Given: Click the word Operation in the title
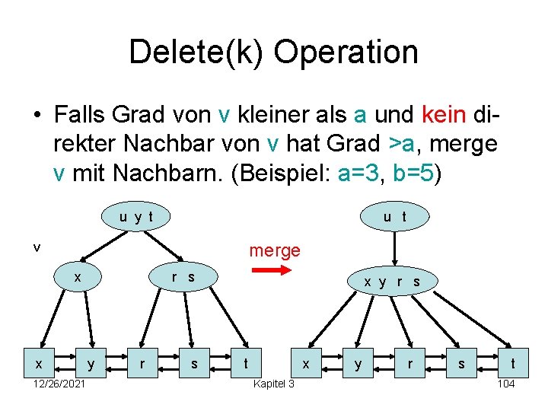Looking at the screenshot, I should click(x=346, y=52).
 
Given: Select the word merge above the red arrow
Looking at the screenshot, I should click(x=275, y=250).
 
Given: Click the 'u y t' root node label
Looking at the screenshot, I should click(x=136, y=217).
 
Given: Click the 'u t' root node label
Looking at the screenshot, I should click(x=394, y=217).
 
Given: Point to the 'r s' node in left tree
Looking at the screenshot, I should click(x=183, y=277).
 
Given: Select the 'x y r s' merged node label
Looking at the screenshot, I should click(x=392, y=282).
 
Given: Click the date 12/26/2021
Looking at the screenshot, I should click(x=59, y=384).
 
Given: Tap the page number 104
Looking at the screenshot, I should click(x=505, y=384).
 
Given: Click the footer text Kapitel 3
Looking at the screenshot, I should click(x=273, y=384).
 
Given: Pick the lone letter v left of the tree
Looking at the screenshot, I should click(x=36, y=247).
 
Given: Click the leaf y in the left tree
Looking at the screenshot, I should click(x=92, y=365).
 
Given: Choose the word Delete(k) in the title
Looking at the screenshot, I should click(x=196, y=52).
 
